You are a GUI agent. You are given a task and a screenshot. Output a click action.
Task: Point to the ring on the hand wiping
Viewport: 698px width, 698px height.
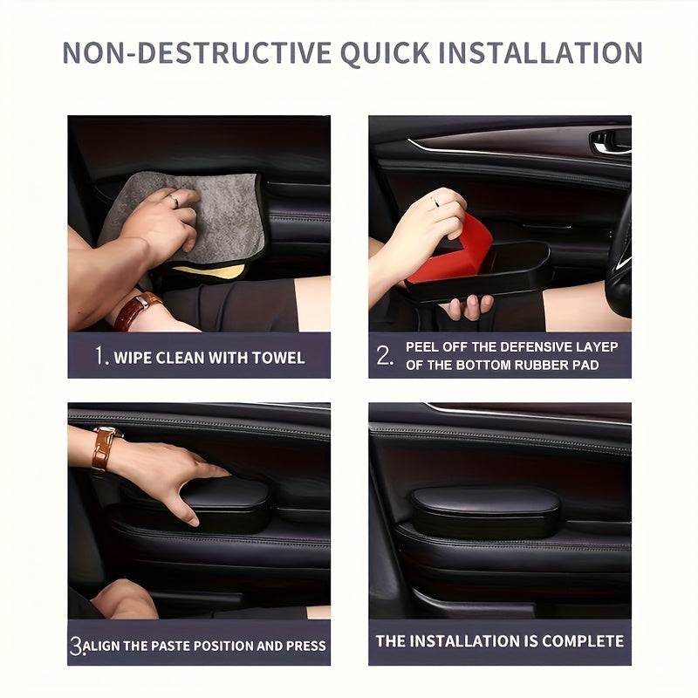[175, 201]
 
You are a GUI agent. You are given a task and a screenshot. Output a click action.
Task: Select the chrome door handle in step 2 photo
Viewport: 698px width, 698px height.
[610, 140]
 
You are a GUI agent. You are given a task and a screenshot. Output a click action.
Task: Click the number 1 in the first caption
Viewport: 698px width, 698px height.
[100, 356]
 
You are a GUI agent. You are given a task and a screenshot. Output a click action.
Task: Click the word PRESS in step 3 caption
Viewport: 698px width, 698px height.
[305, 646]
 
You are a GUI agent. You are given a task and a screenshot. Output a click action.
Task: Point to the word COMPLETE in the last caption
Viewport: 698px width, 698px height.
[583, 641]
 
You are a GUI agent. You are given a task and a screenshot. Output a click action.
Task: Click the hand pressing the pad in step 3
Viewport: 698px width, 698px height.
[174, 476]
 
